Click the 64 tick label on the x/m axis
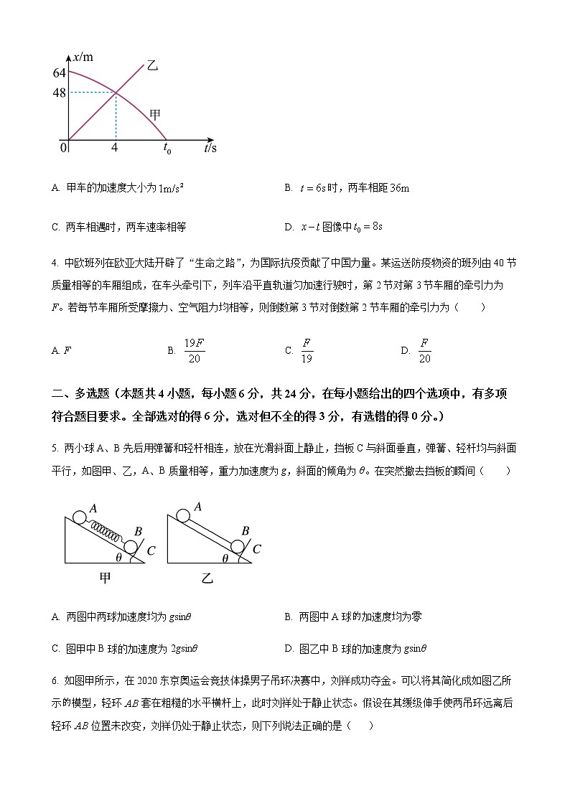pos(59,73)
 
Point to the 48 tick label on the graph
pos(59,93)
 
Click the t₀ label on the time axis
pos(167,149)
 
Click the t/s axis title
pos(210,149)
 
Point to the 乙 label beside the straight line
pos(152,66)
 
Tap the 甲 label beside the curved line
pos(154,114)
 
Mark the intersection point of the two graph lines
pos(116,92)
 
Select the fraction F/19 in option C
pos(307,351)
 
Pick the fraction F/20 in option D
pos(424,351)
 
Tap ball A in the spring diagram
pos(78,516)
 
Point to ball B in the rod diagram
pos(240,548)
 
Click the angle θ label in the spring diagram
pos(118,556)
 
